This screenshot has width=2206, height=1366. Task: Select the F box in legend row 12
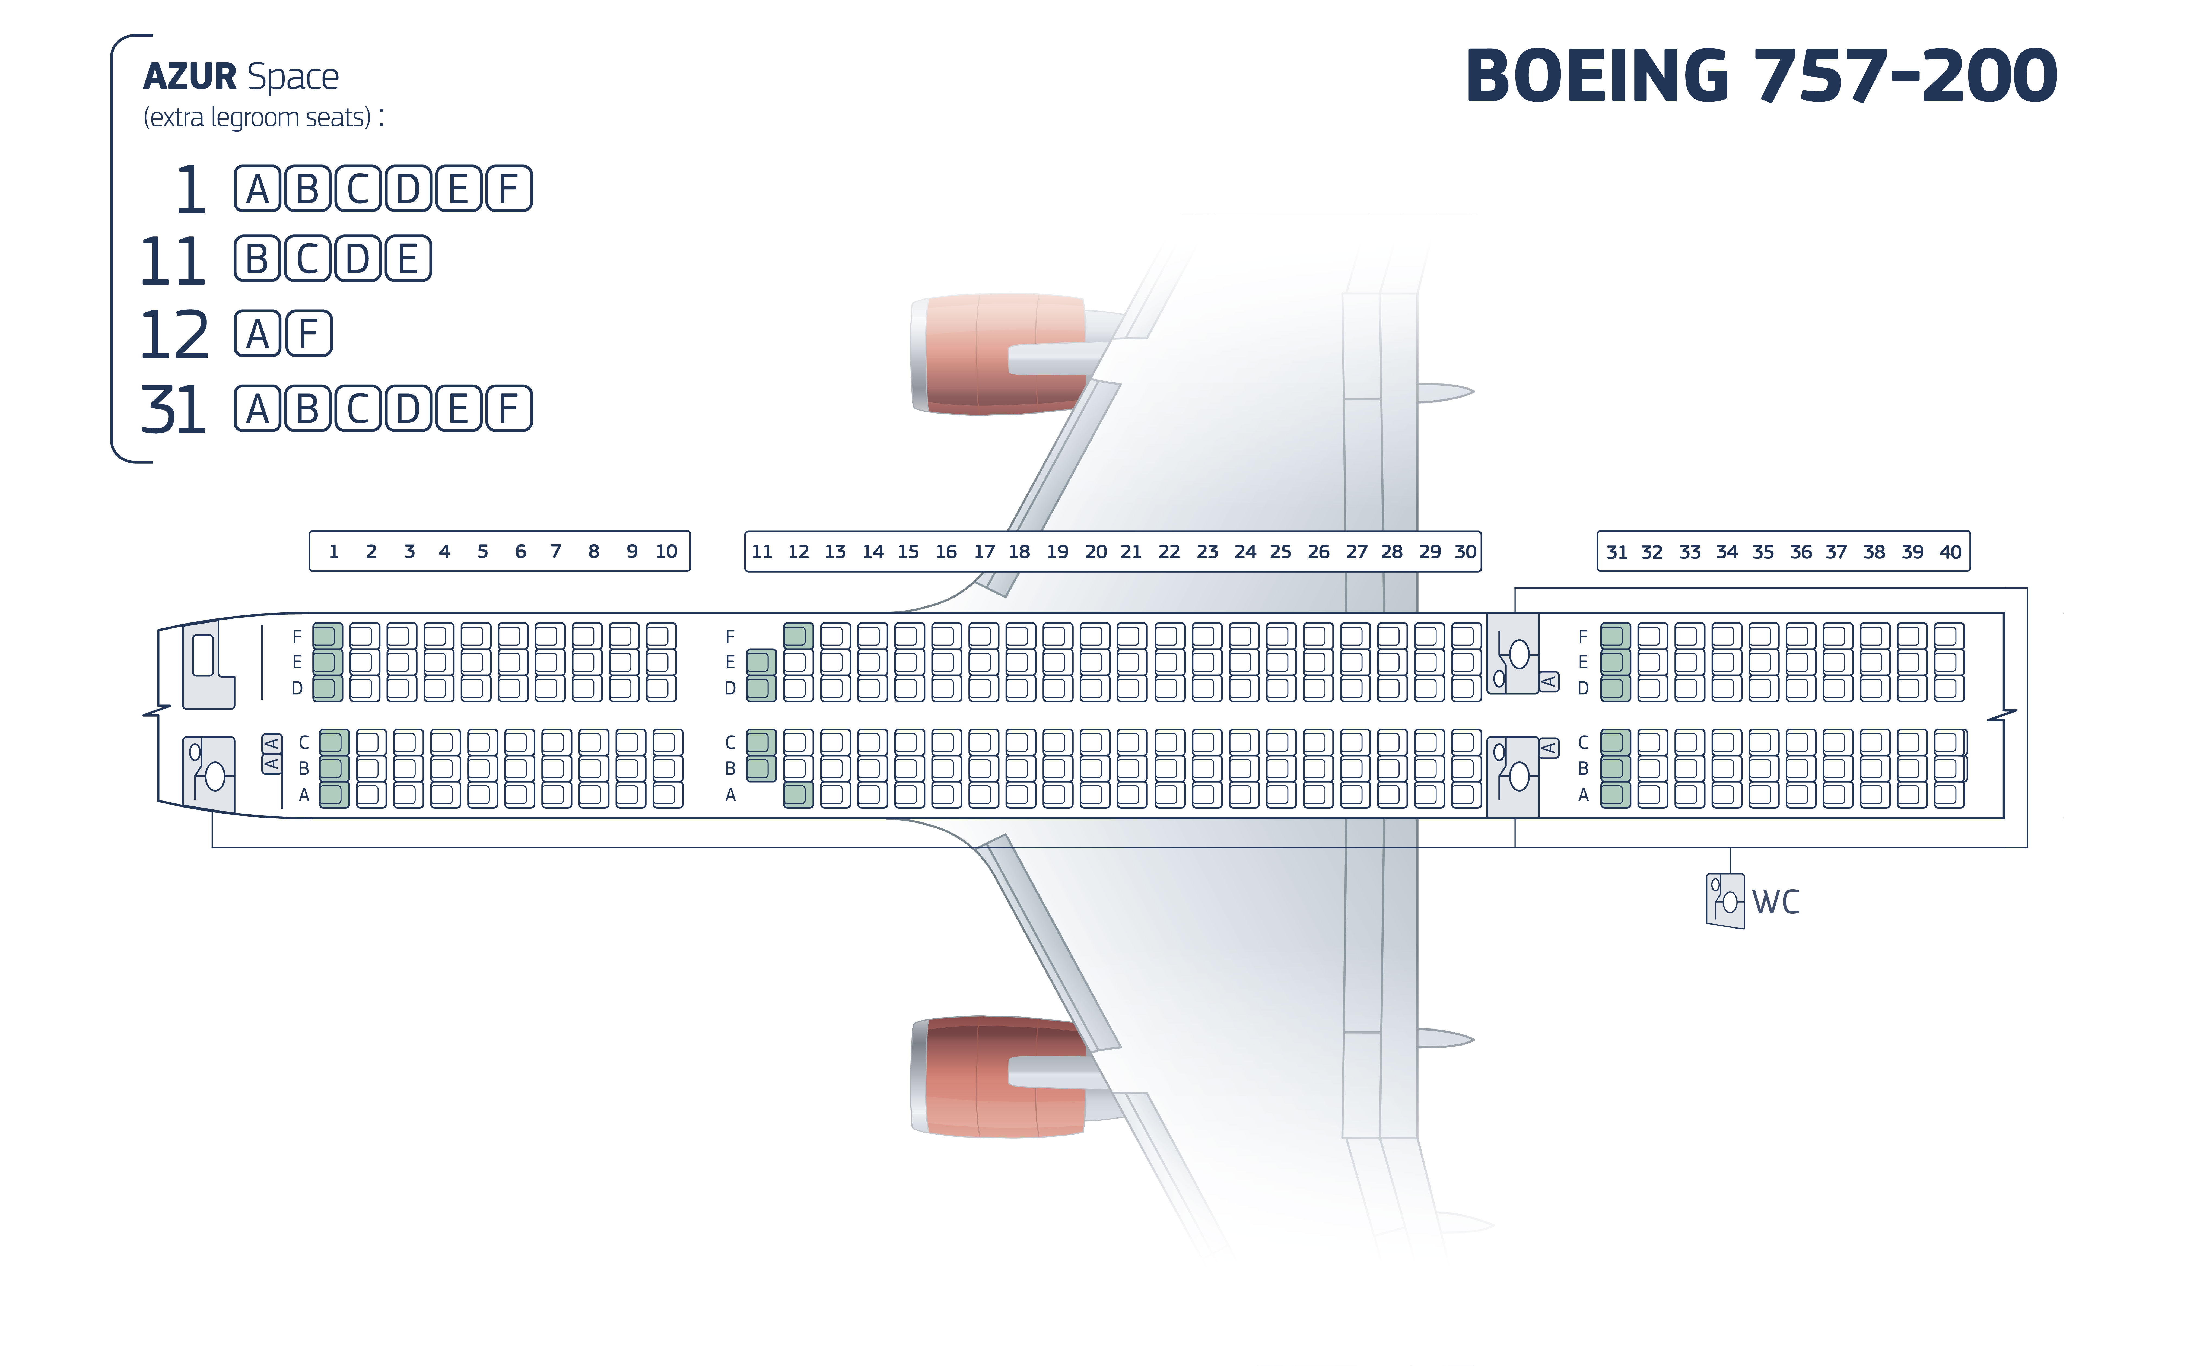[x=309, y=333]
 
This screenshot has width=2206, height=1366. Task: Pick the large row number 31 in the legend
[x=173, y=409]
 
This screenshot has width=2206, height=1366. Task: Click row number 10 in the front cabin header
[x=667, y=551]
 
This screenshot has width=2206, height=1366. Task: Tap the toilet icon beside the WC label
[x=1725, y=900]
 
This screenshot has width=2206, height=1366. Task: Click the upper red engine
[x=1003, y=353]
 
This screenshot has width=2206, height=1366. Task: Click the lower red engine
[x=1003, y=1076]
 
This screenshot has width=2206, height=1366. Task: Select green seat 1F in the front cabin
[x=327, y=636]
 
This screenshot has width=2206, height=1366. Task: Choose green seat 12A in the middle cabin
[x=799, y=795]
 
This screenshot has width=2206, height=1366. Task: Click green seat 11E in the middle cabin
[x=762, y=662]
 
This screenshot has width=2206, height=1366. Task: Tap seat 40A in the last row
[x=1949, y=795]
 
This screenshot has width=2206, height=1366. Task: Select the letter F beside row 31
[x=1583, y=637]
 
